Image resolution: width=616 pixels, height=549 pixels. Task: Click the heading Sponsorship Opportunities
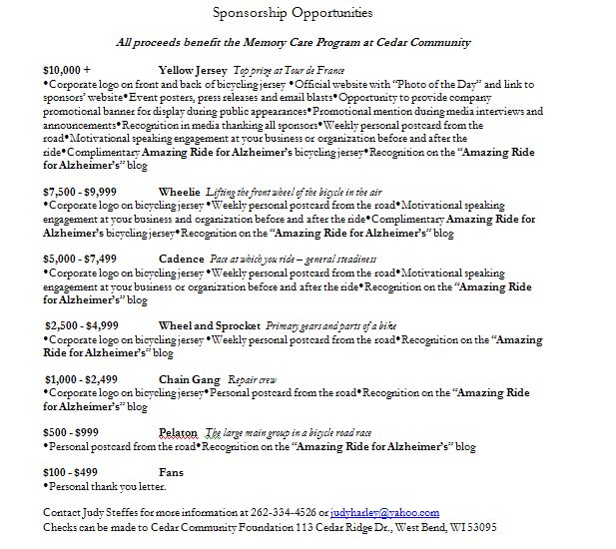pyautogui.click(x=293, y=14)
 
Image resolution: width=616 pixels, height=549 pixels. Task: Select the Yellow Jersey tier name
pyautogui.click(x=193, y=71)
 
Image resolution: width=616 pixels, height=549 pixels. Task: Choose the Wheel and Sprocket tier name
pyautogui.click(x=208, y=325)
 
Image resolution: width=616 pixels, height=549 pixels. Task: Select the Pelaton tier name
pyautogui.click(x=179, y=432)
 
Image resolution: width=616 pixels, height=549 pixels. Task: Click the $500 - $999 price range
pyautogui.click(x=70, y=432)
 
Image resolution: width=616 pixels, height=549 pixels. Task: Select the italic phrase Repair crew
pyautogui.click(x=252, y=380)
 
